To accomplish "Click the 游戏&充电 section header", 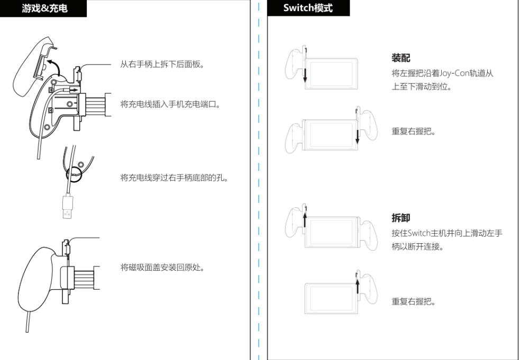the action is pos(45,8).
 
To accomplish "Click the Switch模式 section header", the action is pos(308,8).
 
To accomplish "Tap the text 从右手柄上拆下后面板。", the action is pos(162,64).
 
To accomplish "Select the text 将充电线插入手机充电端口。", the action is pos(170,105).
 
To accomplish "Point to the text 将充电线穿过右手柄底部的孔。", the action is pos(175,178).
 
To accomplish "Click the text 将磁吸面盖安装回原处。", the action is pos(162,267).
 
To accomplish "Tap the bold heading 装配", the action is pos(401,58).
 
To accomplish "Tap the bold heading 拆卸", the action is pos(401,218).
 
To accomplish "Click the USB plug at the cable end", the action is pos(68,207).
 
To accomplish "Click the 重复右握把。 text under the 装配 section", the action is pos(414,131).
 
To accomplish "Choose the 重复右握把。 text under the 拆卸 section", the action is pos(414,301).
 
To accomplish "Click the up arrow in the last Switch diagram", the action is pos(357,287).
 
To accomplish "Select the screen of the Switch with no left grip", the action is pos(331,298).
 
